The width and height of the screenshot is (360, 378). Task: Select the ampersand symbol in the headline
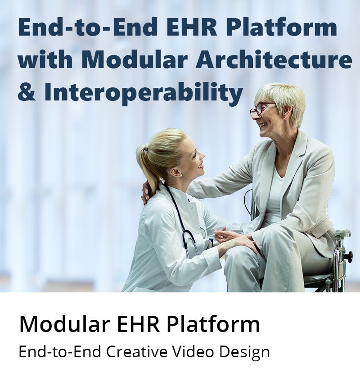click(x=27, y=92)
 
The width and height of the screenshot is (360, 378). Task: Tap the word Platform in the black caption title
click(x=213, y=324)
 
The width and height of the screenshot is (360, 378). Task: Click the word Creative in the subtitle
click(x=136, y=352)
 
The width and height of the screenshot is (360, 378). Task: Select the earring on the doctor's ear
click(x=180, y=176)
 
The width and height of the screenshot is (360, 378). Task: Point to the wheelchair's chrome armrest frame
click(x=342, y=253)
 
